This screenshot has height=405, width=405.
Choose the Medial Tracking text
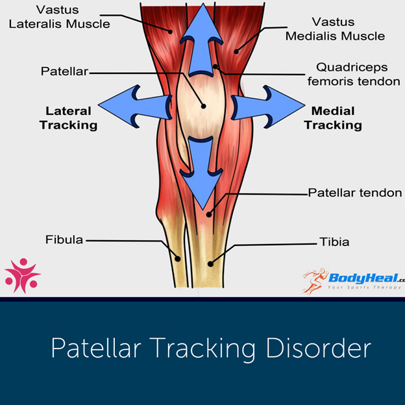pos(332,117)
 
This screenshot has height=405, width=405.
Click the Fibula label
pos(64,239)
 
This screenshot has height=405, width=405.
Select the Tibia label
pos(334,242)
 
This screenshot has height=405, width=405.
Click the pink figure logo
pos(21,274)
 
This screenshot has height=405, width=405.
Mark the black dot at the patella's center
pos(203,106)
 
